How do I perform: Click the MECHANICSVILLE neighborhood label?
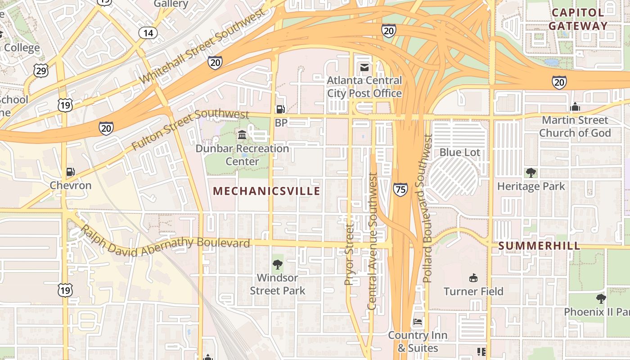(x=266, y=191)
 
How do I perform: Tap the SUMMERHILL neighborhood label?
(x=539, y=246)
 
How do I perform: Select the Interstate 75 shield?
(x=400, y=189)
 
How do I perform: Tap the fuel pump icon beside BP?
(x=280, y=109)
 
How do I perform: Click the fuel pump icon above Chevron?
(x=70, y=171)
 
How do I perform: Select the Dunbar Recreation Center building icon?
(x=242, y=135)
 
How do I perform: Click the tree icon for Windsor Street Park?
(x=277, y=264)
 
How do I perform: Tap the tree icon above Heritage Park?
(x=531, y=172)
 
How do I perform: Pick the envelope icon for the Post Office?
(x=364, y=68)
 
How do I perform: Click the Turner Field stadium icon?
(x=473, y=278)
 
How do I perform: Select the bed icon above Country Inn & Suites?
(x=418, y=322)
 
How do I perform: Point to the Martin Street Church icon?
(x=575, y=107)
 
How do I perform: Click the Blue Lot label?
(x=459, y=153)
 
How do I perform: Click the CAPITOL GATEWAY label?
(x=578, y=19)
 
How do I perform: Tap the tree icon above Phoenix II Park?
(x=601, y=298)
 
